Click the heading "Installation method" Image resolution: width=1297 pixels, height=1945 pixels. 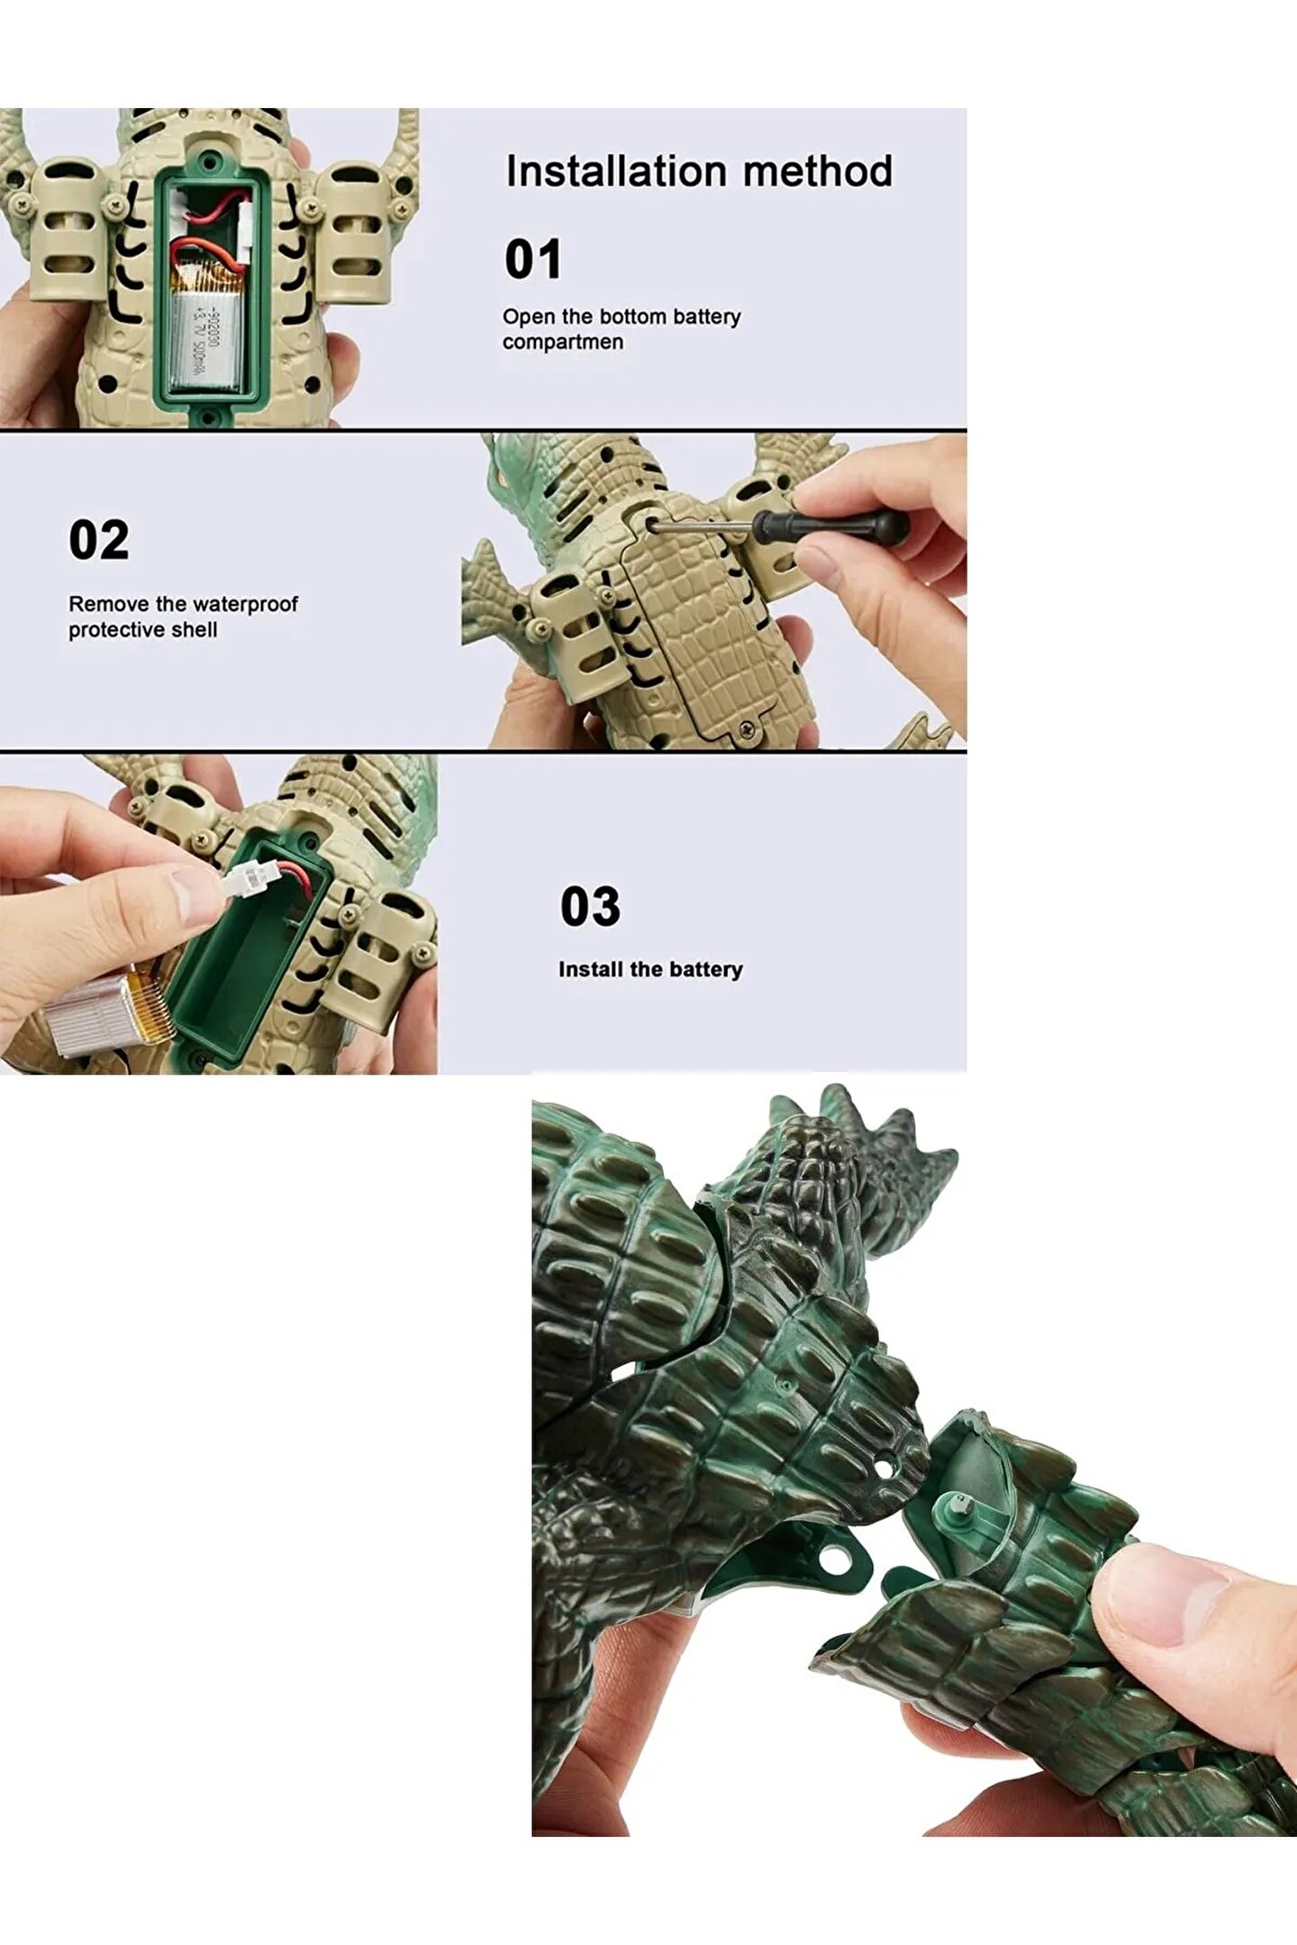tap(699, 171)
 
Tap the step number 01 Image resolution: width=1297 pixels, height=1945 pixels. tap(533, 259)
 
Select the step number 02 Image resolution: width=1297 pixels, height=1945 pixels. tap(99, 540)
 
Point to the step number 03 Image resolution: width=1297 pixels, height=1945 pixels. tap(591, 906)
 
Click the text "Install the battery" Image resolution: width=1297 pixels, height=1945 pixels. tap(650, 970)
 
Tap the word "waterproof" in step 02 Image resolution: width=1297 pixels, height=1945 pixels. tap(243, 604)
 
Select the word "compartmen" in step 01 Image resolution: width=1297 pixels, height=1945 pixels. tap(563, 342)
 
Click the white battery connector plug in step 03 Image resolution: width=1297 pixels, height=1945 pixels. tap(244, 880)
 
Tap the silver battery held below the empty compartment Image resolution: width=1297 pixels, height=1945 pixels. tap(104, 1013)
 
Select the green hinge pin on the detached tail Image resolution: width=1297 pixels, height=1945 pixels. tap(958, 1504)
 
